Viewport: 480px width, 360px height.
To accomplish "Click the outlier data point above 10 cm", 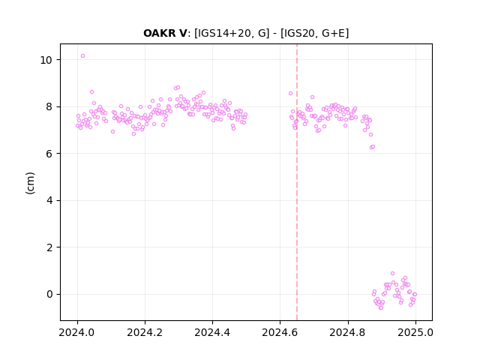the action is pos(82,56).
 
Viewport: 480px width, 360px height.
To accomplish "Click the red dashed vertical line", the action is pos(297,182).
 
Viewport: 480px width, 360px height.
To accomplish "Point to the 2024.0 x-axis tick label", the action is pos(77,332).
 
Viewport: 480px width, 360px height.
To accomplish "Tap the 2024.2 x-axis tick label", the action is pos(145,332).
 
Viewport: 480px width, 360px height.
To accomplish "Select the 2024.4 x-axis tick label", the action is pos(212,332).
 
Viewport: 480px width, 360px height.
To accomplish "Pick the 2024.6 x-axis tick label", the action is pos(280,332).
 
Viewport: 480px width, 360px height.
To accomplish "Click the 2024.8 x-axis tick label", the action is pos(347,332).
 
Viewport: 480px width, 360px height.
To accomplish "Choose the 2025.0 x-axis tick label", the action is pos(415,332).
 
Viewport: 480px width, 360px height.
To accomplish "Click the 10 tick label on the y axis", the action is pos(46,60).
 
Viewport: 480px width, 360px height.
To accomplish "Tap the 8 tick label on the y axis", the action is pos(49,106).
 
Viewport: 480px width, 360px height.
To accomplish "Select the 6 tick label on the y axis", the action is pos(49,154).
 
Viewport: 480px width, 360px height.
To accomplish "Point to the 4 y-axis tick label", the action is pos(49,200).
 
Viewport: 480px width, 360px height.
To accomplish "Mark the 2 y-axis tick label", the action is pos(49,247).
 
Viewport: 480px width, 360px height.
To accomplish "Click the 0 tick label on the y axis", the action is pos(49,294).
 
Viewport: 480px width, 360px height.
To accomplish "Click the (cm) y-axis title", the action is pos(30,183).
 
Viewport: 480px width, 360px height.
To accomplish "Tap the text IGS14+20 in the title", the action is pos(223,33).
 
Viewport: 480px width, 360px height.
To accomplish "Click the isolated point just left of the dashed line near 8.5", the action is pos(290,93).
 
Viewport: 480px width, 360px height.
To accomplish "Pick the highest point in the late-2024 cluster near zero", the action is pos(392,273).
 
